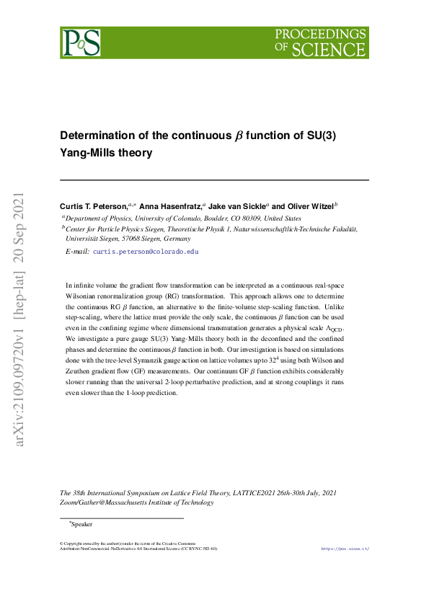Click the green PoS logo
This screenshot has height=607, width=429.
pyautogui.click(x=81, y=43)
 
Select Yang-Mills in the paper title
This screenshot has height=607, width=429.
pyautogui.click(x=88, y=153)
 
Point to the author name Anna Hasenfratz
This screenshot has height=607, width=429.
pyautogui.click(x=172, y=206)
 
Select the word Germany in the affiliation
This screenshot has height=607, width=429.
pyautogui.click(x=177, y=238)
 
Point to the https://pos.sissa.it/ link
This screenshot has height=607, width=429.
pyautogui.click(x=345, y=549)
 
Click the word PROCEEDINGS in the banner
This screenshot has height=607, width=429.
pyautogui.click(x=321, y=34)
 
